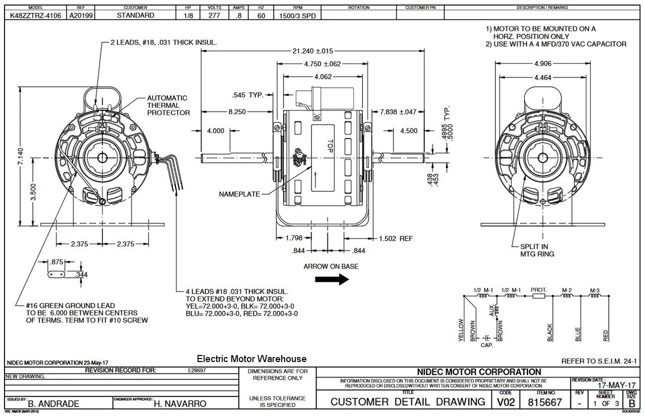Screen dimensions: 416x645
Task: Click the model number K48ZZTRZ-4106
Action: tap(36, 15)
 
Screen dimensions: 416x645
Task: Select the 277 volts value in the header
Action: tap(214, 15)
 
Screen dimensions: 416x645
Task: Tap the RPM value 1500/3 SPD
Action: tap(298, 16)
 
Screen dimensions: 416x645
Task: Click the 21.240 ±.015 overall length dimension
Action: tap(312, 51)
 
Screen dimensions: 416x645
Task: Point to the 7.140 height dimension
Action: tap(20, 158)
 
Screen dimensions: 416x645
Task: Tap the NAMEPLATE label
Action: tap(239, 194)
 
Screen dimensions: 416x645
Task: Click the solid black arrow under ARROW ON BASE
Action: tap(332, 279)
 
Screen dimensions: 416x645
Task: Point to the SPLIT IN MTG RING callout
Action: tap(537, 251)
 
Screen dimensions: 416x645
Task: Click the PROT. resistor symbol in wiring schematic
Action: tap(538, 296)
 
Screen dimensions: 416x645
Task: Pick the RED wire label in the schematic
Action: tap(606, 335)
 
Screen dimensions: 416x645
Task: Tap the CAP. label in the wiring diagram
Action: tap(486, 345)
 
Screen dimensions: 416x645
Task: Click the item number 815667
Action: tap(545, 402)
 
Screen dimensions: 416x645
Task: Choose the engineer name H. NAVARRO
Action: tap(180, 404)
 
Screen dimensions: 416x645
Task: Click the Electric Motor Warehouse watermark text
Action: tap(251, 359)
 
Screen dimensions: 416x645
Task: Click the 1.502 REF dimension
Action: tap(396, 239)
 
